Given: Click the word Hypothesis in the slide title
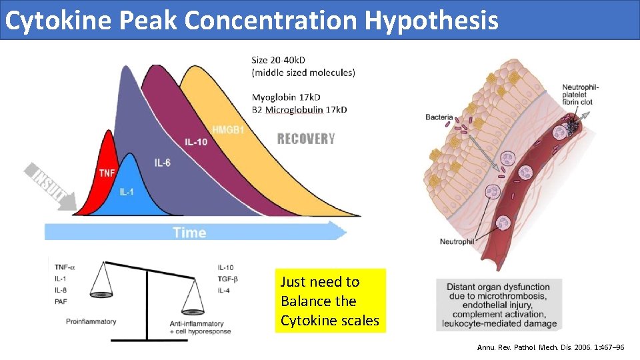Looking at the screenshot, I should (431, 21).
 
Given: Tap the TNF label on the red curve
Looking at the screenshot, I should (107, 173).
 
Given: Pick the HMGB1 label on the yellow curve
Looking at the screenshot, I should (228, 129).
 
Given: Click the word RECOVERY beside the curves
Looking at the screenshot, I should (305, 139).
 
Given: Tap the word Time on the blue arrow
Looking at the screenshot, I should (189, 232).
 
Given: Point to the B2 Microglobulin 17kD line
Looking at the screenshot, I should (299, 109).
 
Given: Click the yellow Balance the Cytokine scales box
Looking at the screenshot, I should (330, 301).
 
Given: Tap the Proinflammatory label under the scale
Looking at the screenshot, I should (91, 321).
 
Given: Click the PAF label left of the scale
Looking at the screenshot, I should (62, 302).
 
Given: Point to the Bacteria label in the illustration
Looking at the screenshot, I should (440, 118).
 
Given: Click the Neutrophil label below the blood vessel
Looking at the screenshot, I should (457, 241).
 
